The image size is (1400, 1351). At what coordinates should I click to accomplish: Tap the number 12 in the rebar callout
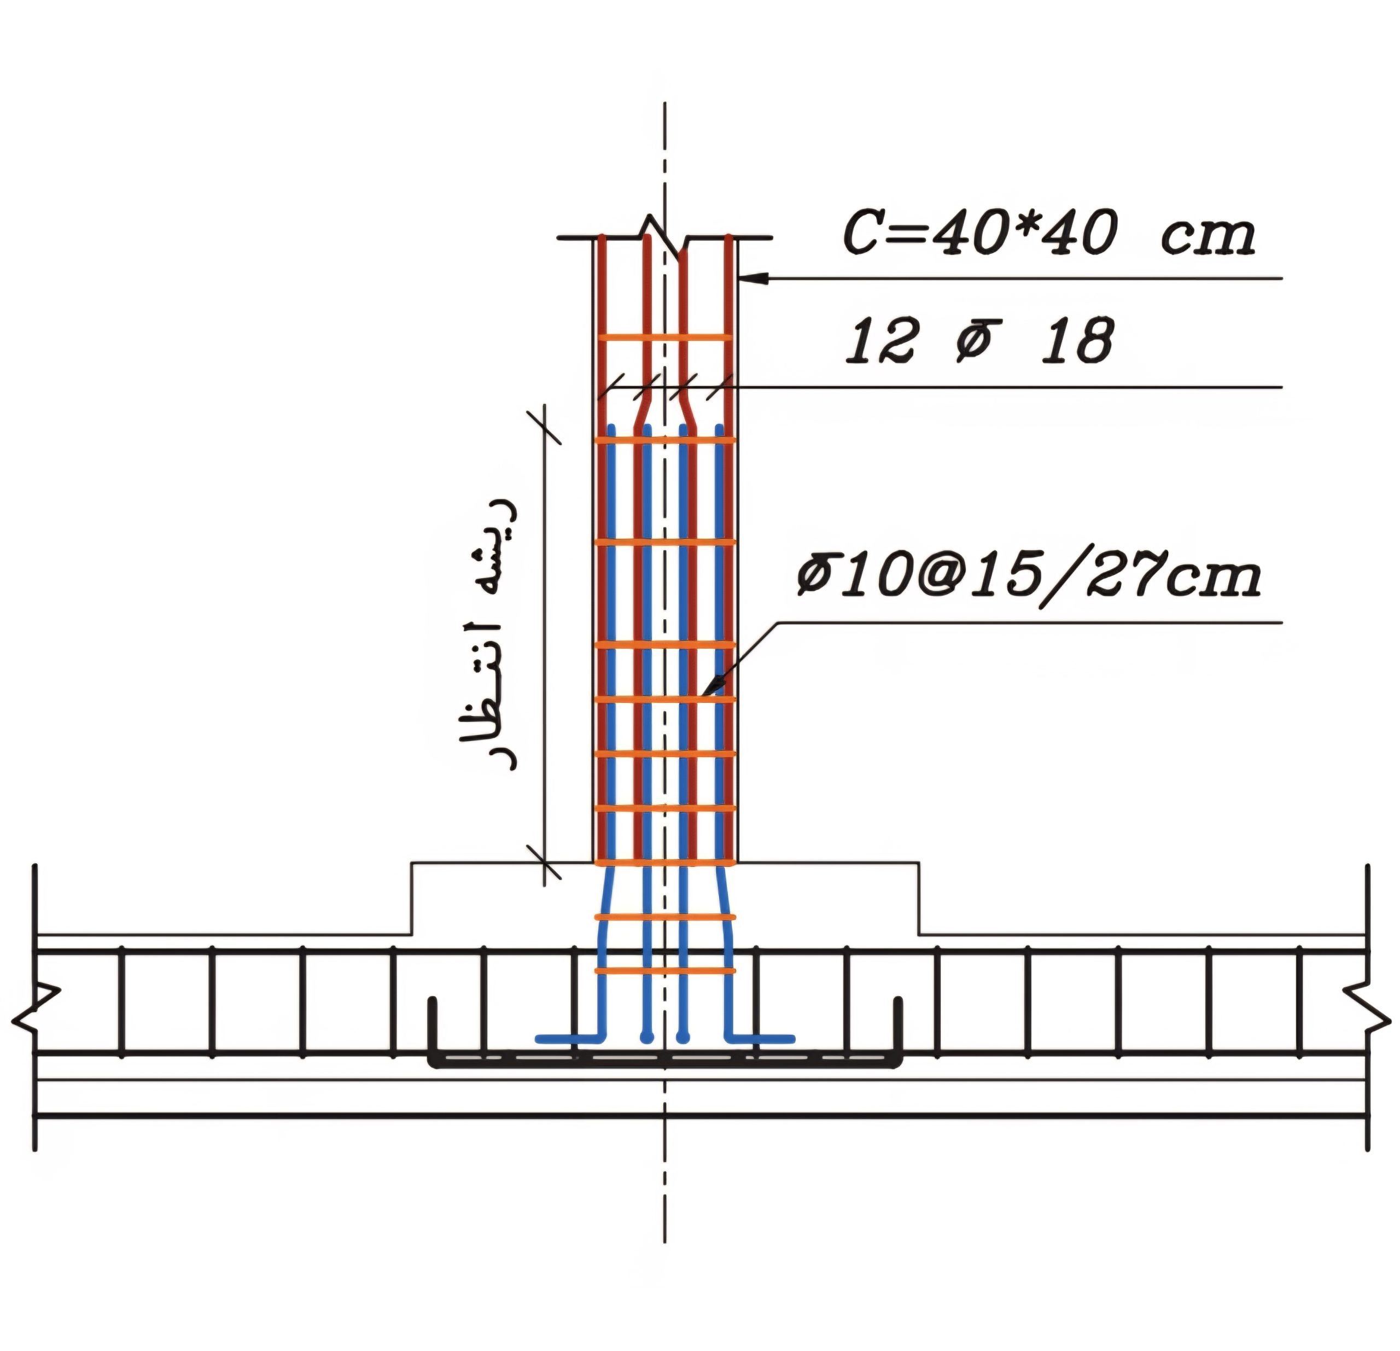[x=879, y=341]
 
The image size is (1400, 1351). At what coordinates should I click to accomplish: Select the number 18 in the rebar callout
[x=1077, y=341]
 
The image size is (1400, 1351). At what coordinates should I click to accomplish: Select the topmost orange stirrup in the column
[x=664, y=336]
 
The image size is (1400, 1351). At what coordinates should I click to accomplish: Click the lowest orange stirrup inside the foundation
[x=665, y=970]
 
